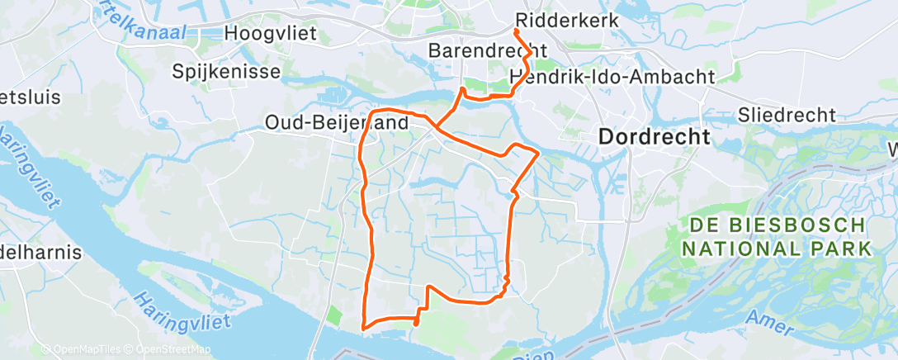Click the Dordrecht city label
point(654,137)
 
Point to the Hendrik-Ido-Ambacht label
point(612,77)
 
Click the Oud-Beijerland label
point(337,122)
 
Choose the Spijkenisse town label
point(226,72)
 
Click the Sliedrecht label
point(787,115)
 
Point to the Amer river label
point(768,321)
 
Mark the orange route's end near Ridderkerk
point(517,31)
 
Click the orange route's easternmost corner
point(538,153)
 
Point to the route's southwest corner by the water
point(363,328)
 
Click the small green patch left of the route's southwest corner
point(333,315)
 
